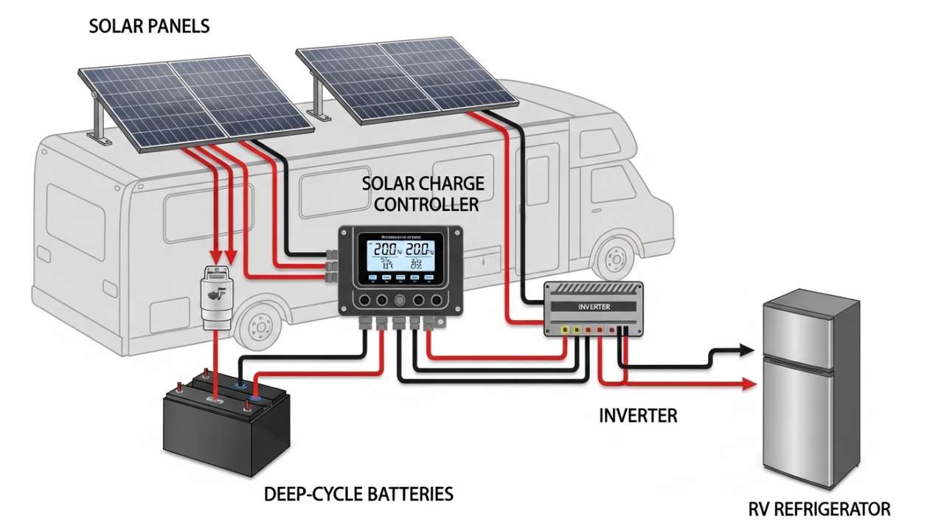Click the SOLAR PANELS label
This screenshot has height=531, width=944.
149,27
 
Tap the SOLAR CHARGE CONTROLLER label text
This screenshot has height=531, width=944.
423,193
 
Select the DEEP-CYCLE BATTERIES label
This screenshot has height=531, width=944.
358,493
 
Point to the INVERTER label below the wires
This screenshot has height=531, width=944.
637,415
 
